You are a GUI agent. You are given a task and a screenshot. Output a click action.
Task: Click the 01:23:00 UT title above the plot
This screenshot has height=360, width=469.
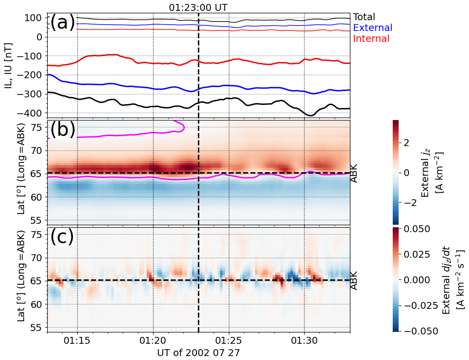[x=198, y=7]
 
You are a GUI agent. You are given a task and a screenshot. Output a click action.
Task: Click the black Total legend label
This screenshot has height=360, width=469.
[x=364, y=17]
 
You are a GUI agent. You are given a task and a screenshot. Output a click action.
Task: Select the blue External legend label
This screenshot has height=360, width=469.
[x=373, y=28]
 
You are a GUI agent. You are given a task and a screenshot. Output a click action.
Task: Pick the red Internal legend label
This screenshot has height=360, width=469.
[x=372, y=39]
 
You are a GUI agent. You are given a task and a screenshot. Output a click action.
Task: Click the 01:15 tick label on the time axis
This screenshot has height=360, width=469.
[x=77, y=340]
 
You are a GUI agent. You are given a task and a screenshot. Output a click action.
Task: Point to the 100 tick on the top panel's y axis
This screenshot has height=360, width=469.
[x=34, y=18]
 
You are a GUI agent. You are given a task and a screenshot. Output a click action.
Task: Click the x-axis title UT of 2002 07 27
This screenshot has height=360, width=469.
[x=198, y=353]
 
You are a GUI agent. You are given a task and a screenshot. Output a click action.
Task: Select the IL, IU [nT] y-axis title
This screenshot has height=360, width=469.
[x=8, y=64]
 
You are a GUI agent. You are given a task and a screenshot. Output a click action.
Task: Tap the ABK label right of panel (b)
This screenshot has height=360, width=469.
[x=355, y=173]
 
